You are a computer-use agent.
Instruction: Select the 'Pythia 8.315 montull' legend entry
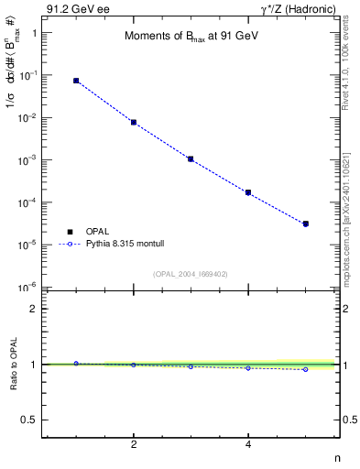117,245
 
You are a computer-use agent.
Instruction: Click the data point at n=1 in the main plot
76,81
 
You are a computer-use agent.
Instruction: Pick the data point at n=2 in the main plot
134,122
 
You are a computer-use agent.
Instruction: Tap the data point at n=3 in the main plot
191,158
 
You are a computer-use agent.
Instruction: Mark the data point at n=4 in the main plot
248,192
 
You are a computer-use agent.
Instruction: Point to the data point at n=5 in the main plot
306,224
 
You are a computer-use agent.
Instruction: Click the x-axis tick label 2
134,445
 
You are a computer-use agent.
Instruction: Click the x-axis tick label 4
248,445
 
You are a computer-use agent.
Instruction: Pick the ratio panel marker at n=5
306,369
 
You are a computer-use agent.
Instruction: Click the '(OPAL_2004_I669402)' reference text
191,273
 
